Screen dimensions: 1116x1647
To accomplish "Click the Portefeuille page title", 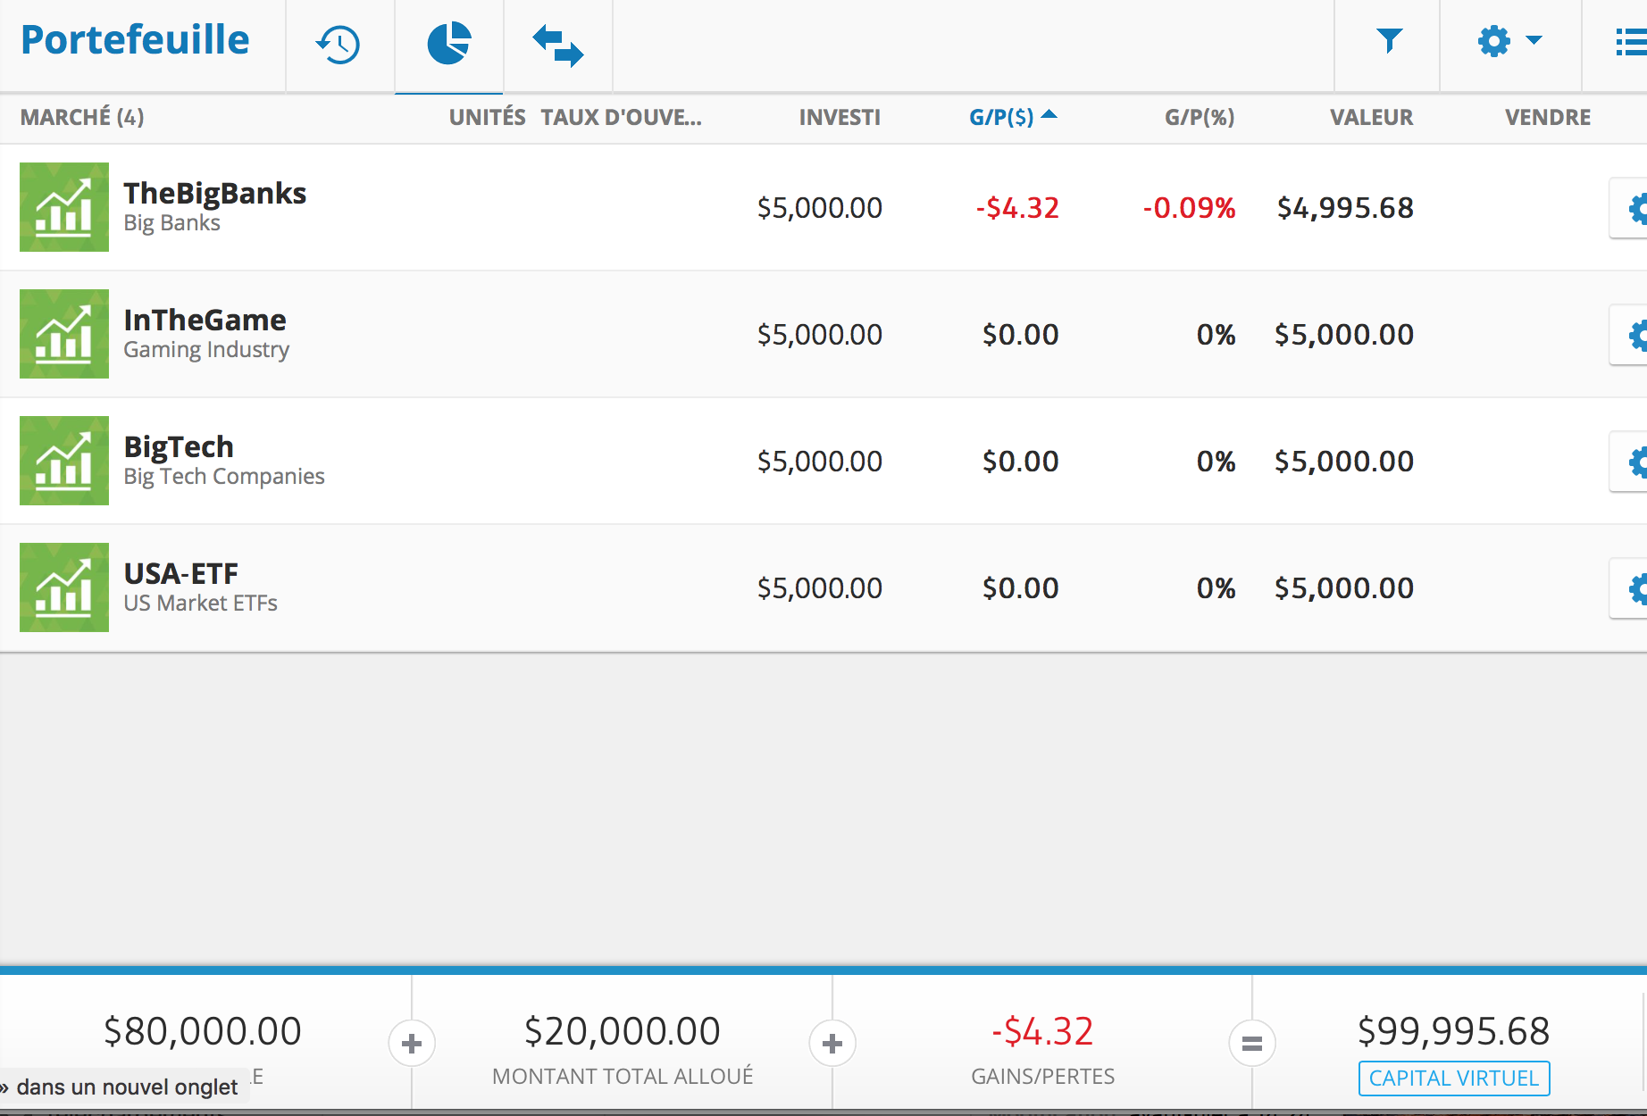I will (x=135, y=40).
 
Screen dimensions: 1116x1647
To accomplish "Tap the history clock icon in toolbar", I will (x=339, y=44).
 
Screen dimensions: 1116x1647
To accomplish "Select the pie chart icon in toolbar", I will (x=448, y=43).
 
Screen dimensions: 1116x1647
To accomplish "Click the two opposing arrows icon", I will (x=557, y=45).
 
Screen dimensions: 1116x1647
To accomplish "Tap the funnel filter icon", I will (x=1389, y=40).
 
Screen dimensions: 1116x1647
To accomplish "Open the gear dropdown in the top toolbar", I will (x=1509, y=41).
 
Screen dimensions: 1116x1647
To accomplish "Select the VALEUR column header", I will (x=1371, y=117).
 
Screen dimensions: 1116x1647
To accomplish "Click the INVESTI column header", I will (x=839, y=117).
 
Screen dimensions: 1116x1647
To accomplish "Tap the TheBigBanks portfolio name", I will (x=214, y=193).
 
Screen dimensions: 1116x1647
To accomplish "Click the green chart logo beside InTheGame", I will (x=64, y=334).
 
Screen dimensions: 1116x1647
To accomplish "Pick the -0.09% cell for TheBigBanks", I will (x=1189, y=208).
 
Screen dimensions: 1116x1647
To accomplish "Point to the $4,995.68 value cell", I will (x=1344, y=208).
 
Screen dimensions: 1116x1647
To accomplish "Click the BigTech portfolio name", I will (x=179, y=446).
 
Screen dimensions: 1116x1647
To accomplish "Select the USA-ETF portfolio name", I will (x=180, y=573).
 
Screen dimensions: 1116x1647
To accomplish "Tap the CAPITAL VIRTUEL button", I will (x=1453, y=1078).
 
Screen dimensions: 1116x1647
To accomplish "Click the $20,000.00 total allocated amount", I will (x=622, y=1031).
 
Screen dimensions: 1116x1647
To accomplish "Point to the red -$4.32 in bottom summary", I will (x=1042, y=1031).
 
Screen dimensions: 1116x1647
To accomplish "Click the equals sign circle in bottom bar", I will (x=1251, y=1043).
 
